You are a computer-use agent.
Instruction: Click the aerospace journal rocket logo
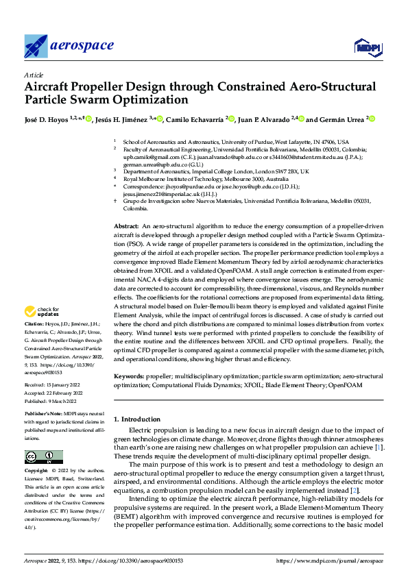tap(36, 46)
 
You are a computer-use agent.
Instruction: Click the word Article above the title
tap(33, 75)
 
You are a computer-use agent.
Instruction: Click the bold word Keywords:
tap(130, 377)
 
